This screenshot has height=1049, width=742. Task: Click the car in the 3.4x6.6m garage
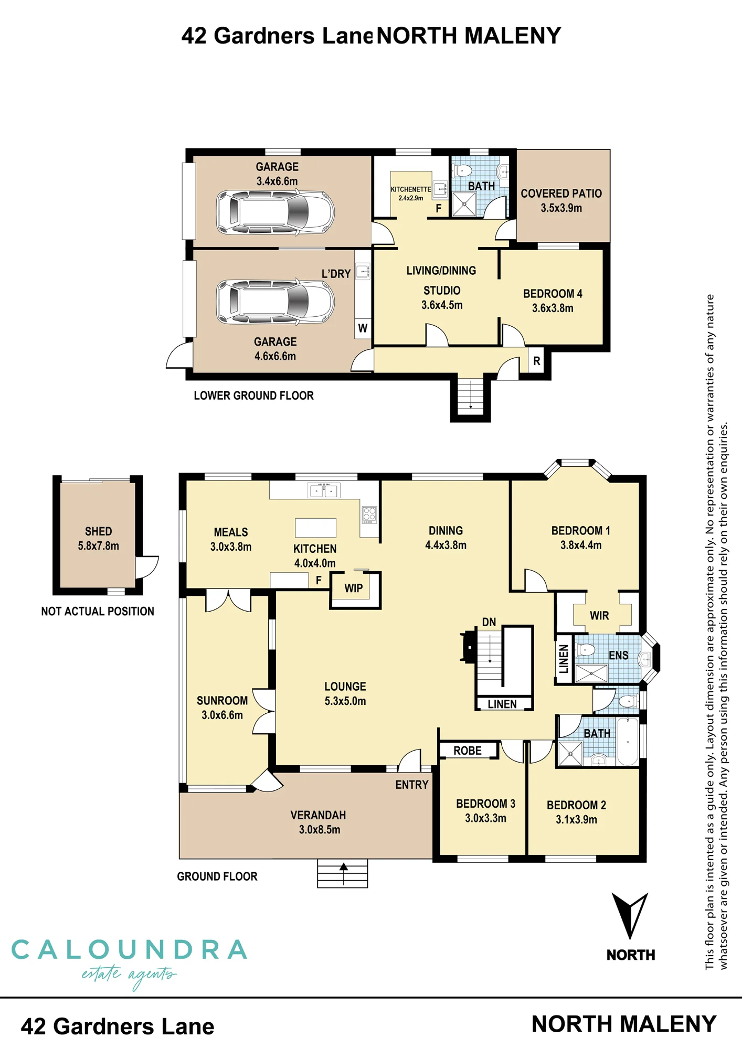[275, 212]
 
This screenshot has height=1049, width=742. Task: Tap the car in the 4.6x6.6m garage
[275, 302]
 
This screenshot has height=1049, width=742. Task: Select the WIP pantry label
[354, 588]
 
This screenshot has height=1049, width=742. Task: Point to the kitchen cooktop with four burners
[369, 515]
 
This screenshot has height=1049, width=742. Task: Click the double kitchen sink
[324, 490]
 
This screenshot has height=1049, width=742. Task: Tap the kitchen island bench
[315, 528]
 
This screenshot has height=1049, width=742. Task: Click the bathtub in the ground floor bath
[628, 741]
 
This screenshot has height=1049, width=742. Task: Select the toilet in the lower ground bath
[462, 170]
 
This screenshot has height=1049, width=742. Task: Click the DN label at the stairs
[489, 622]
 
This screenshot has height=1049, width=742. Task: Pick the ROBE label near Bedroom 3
[468, 751]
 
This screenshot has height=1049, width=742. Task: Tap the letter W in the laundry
[363, 328]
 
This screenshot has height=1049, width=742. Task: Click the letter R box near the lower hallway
[536, 361]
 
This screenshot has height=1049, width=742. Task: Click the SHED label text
[99, 531]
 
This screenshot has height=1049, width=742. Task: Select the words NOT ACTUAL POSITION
[98, 611]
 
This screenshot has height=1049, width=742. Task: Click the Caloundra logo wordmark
[129, 950]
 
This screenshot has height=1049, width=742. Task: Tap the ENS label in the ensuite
[619, 655]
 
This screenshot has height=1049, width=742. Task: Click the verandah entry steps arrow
[343, 873]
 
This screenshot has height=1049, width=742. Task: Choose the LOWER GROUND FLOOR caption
[254, 395]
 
